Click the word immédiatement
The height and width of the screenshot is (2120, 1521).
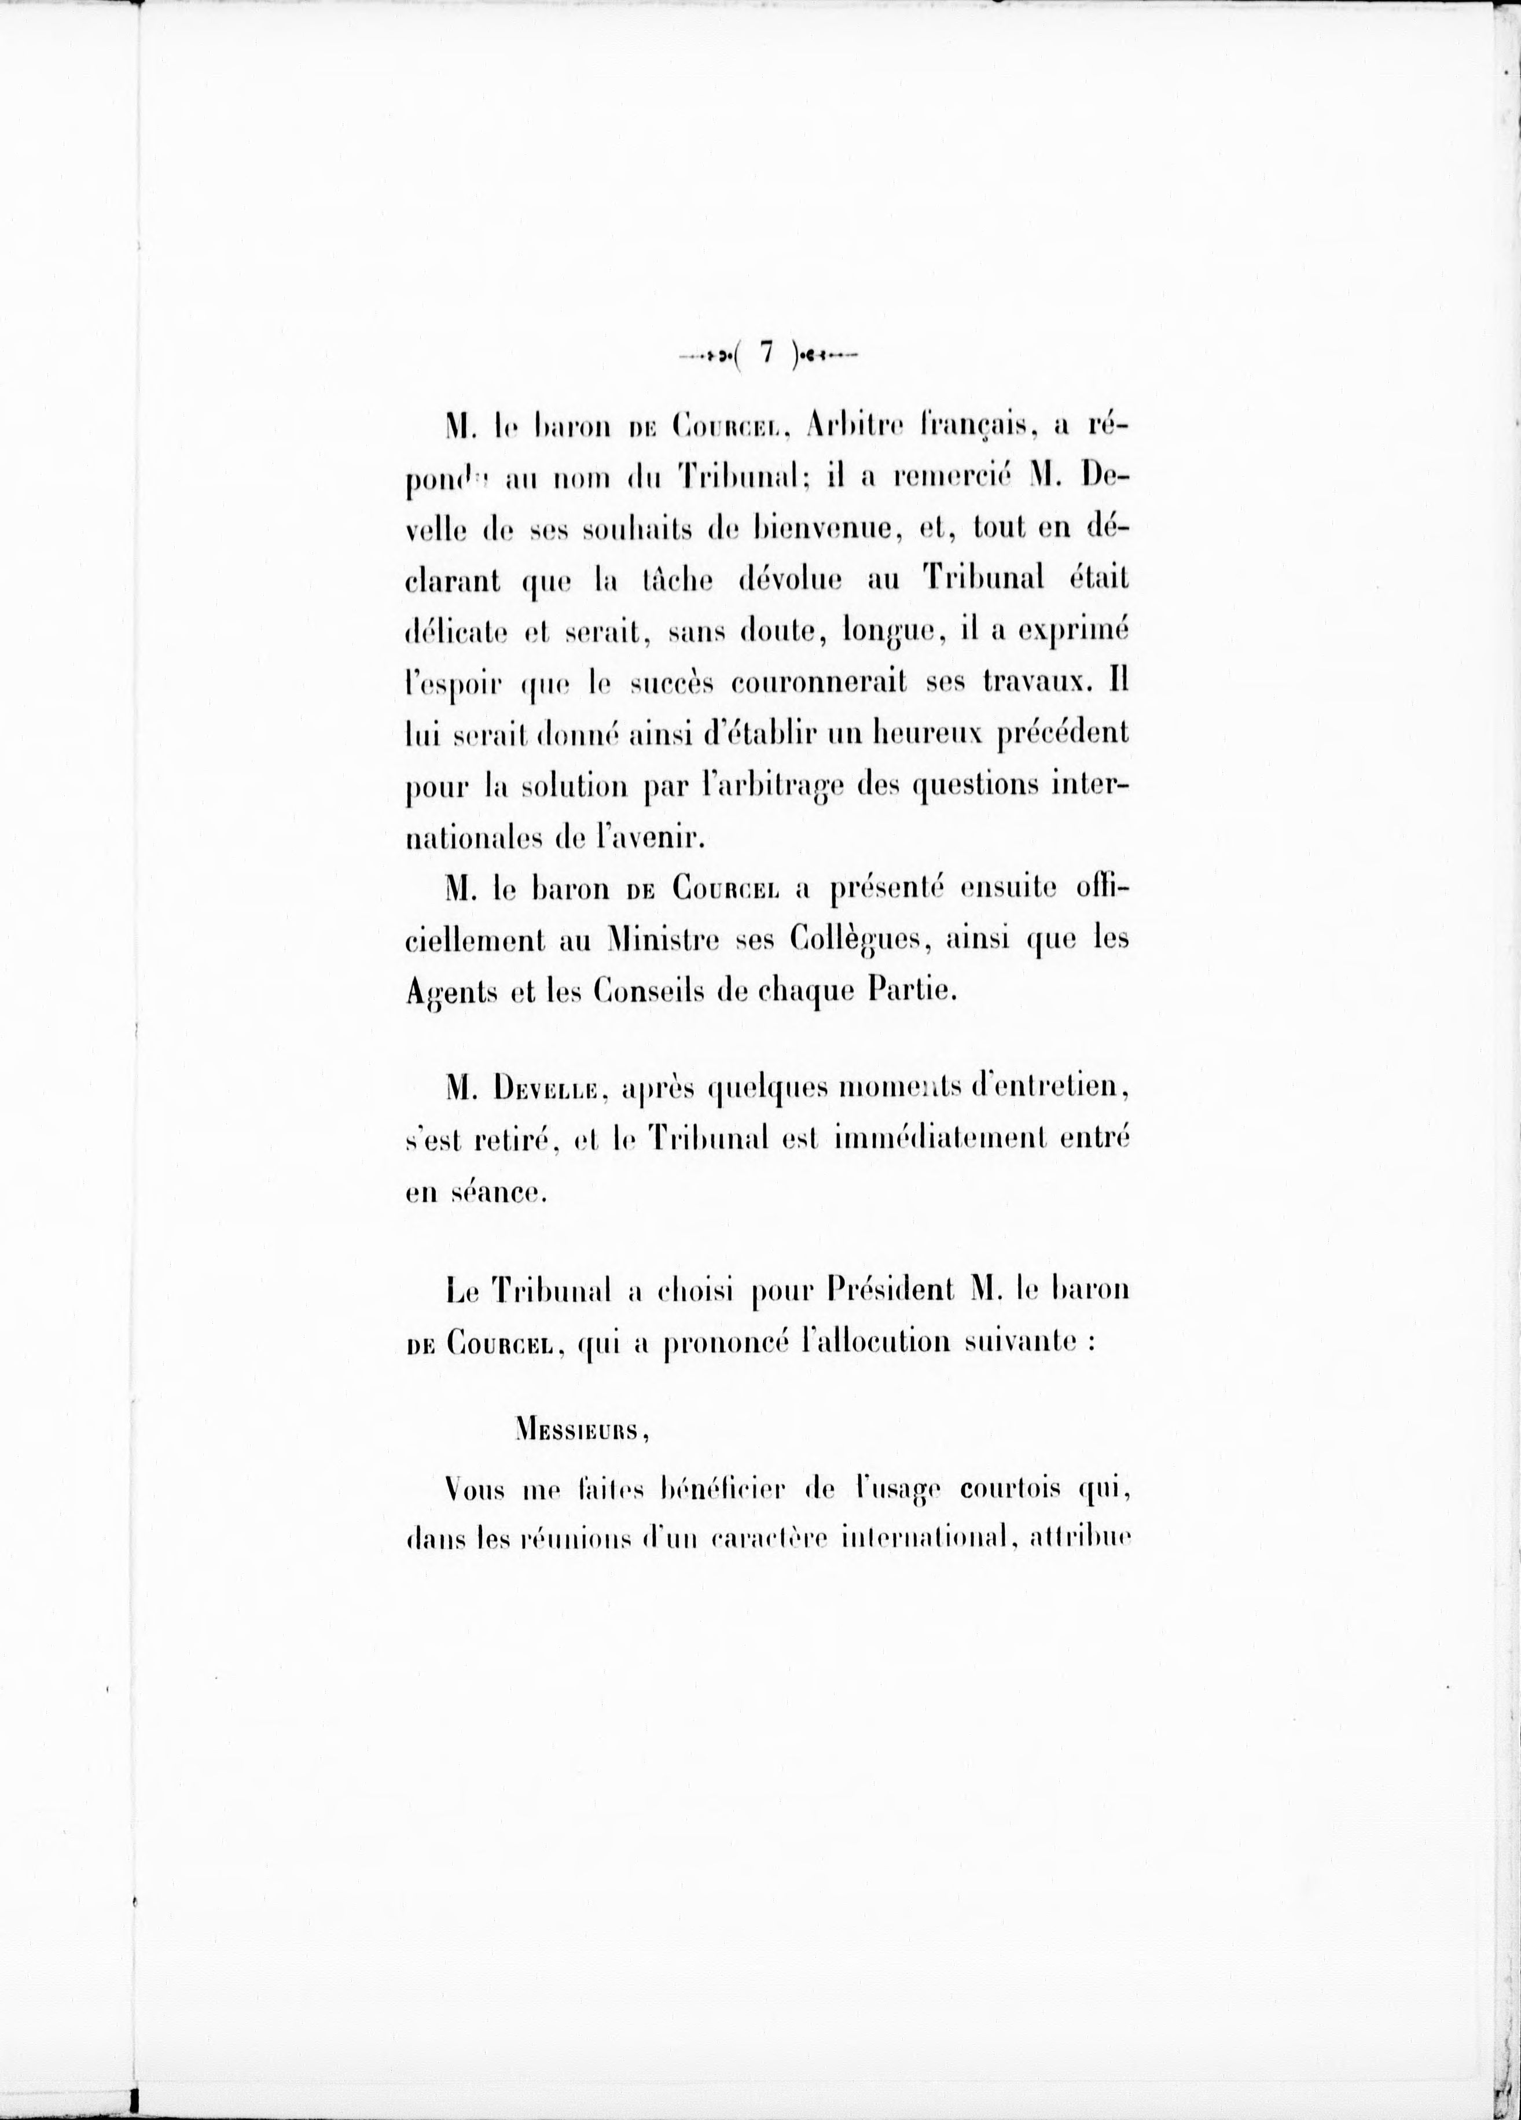pyautogui.click(x=947, y=1139)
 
